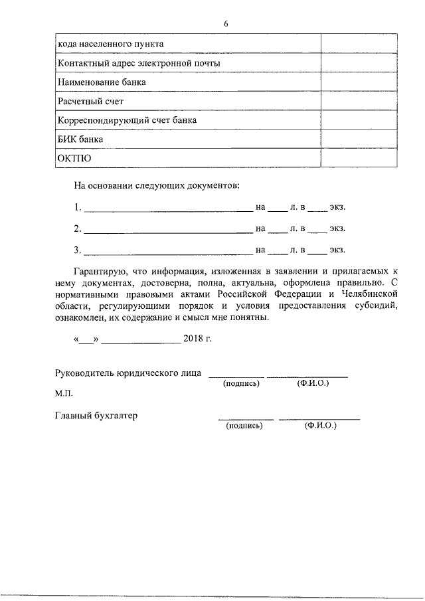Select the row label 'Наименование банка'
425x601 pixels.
click(x=102, y=82)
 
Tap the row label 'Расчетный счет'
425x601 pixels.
click(x=91, y=101)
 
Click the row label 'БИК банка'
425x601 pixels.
click(x=81, y=139)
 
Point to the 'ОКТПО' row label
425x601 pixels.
click(x=74, y=159)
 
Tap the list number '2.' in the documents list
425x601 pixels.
click(x=78, y=229)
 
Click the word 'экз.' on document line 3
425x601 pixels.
click(x=337, y=250)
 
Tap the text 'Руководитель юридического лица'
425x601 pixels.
click(x=129, y=373)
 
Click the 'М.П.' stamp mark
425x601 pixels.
click(x=64, y=394)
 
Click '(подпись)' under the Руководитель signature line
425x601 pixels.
click(x=241, y=384)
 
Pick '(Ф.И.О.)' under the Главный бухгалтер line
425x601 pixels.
click(x=321, y=426)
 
